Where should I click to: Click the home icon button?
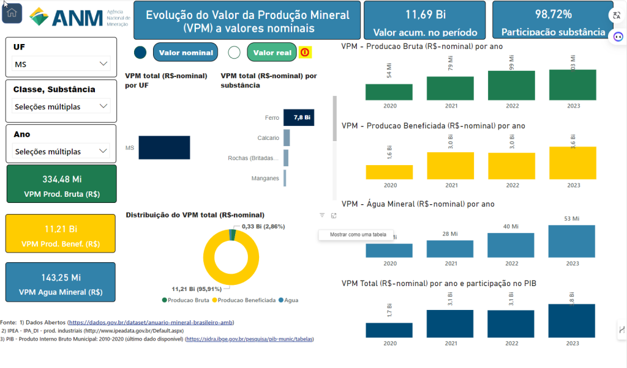tap(12, 13)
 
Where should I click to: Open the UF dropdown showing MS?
tap(61, 64)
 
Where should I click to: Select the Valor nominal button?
tap(186, 53)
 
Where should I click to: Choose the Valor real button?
tap(272, 53)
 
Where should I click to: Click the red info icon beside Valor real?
tap(305, 53)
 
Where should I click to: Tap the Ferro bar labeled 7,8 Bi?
tap(299, 117)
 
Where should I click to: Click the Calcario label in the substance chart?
tap(268, 138)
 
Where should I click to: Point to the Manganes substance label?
tap(265, 178)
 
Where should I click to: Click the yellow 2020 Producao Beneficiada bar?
tap(389, 172)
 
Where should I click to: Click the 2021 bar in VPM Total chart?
tap(451, 323)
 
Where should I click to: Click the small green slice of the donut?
tap(232, 235)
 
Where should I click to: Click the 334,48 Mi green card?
tap(61, 183)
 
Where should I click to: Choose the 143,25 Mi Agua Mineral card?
tap(61, 282)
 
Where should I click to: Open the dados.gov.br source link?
tap(151, 322)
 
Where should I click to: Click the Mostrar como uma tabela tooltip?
tap(358, 235)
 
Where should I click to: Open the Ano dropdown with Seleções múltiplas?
tap(61, 152)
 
